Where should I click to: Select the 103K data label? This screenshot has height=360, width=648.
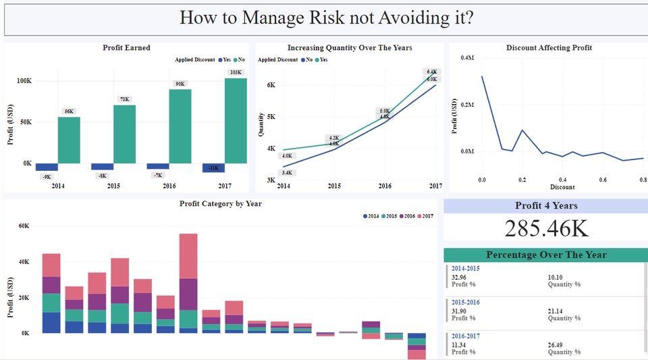click(236, 72)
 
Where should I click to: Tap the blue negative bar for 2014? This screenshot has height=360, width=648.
click(47, 167)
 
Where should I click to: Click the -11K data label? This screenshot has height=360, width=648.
click(213, 168)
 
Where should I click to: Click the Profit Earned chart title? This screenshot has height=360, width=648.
click(126, 48)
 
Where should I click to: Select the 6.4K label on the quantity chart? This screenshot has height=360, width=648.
click(432, 72)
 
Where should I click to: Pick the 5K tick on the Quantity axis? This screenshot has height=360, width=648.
click(271, 117)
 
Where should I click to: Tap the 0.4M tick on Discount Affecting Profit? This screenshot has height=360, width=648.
click(466, 58)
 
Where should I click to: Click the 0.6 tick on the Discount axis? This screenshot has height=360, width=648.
click(603, 180)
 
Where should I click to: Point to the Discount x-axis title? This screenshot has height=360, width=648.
click(562, 187)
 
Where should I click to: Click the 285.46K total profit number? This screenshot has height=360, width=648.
click(546, 228)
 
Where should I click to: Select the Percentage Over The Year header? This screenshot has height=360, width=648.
click(546, 255)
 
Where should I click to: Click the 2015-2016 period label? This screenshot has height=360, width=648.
click(466, 302)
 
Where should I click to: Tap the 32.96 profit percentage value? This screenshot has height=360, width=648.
click(459, 277)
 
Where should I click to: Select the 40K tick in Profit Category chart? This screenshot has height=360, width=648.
click(23, 262)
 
